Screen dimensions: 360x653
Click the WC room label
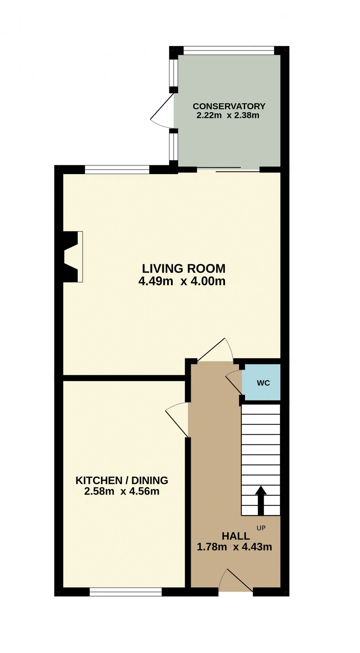pyautogui.click(x=263, y=383)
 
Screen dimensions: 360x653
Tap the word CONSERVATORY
pyautogui.click(x=229, y=106)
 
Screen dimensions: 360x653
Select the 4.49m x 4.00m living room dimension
pyautogui.click(x=182, y=281)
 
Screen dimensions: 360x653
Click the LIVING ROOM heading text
pyautogui.click(x=184, y=268)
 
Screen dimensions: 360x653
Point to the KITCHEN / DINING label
pyautogui.click(x=122, y=480)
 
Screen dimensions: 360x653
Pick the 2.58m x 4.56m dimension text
pyautogui.click(x=122, y=491)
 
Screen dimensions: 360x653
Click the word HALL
pyautogui.click(x=236, y=536)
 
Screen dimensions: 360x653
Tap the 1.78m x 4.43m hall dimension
pyautogui.click(x=234, y=547)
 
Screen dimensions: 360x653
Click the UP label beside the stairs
pyautogui.click(x=261, y=528)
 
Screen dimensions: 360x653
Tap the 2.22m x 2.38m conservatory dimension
pyautogui.click(x=228, y=115)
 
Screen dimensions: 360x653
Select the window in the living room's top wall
pyautogui.click(x=117, y=170)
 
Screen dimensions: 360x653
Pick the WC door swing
pyautogui.click(x=234, y=382)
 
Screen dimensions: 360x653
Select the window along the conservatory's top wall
pyautogui.click(x=229, y=50)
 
